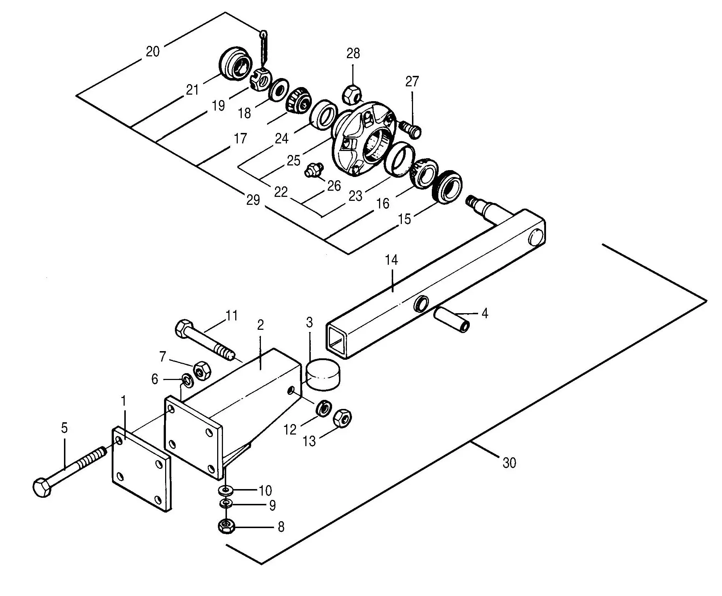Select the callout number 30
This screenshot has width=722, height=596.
[509, 463]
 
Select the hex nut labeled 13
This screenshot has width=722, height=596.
[342, 418]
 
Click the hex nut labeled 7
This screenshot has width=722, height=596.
[201, 370]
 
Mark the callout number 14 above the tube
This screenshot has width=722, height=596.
[391, 260]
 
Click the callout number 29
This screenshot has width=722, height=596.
[253, 199]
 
